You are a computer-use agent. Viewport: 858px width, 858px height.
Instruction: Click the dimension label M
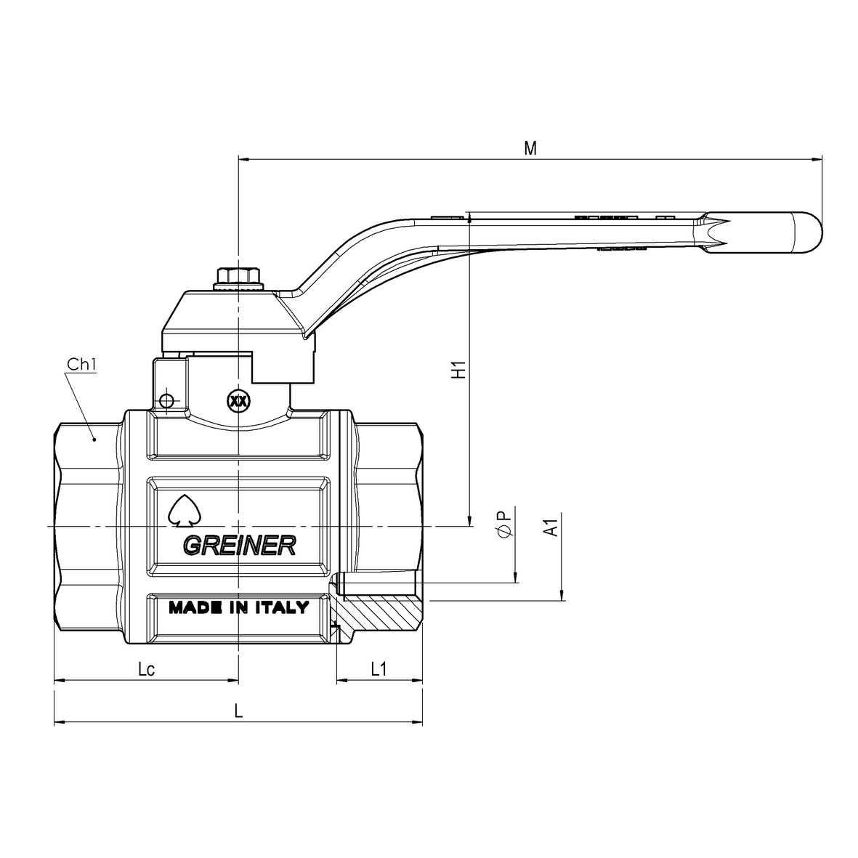[x=530, y=147]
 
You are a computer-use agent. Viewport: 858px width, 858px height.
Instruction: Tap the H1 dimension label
[x=458, y=369]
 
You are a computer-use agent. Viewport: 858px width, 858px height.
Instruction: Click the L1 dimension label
[x=379, y=668]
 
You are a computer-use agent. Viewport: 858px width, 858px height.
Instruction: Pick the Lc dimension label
[x=146, y=668]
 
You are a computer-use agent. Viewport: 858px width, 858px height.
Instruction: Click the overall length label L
[x=238, y=711]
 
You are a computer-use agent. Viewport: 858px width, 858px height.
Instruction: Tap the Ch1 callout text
[x=81, y=364]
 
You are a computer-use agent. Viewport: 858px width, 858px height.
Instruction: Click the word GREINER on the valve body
[x=239, y=545]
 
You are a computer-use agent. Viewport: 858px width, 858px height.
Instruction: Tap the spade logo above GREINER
[x=185, y=511]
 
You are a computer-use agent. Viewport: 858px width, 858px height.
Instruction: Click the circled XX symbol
[x=238, y=401]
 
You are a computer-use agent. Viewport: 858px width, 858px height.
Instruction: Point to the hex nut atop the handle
[x=238, y=276]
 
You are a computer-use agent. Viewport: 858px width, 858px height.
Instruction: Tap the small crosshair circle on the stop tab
[x=166, y=401]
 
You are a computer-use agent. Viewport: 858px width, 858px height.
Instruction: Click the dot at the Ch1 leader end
[x=94, y=439]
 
